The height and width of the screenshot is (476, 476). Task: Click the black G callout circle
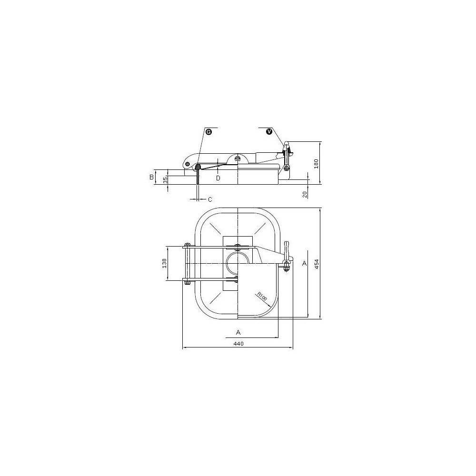(208, 131)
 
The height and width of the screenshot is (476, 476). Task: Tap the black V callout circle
(269, 131)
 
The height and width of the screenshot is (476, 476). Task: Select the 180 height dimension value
(316, 164)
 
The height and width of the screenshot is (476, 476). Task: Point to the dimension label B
(151, 177)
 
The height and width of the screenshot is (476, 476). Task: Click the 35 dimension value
(165, 180)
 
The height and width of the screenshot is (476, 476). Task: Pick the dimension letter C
(210, 199)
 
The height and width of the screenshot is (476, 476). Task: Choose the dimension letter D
(218, 178)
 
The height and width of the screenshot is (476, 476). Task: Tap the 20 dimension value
(305, 194)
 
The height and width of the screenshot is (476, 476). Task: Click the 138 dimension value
(164, 263)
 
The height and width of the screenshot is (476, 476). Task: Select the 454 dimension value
(317, 265)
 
